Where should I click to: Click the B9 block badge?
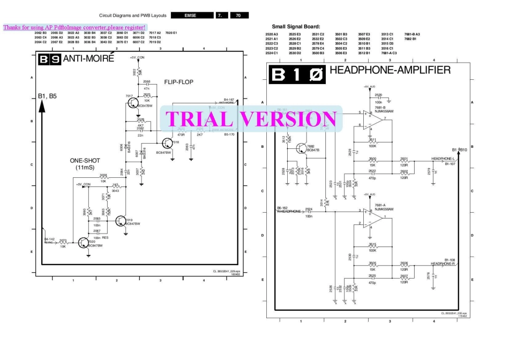(49, 60)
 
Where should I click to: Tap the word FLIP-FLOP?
(178, 82)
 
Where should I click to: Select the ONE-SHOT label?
(85, 161)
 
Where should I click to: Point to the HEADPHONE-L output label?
(443, 159)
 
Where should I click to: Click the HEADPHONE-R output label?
(443, 264)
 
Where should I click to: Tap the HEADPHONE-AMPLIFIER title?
(390, 70)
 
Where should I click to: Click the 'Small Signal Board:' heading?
(296, 26)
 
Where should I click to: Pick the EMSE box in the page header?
(190, 16)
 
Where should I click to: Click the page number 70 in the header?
(239, 16)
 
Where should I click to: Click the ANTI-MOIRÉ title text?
(89, 59)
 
